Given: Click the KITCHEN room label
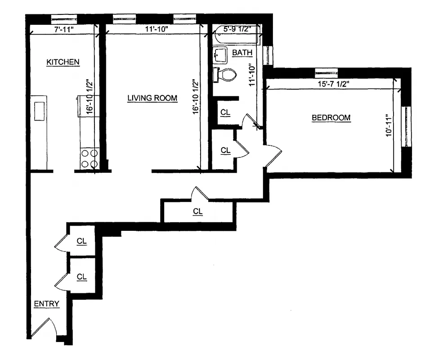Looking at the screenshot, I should click(x=63, y=62).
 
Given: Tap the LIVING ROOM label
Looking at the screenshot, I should click(x=152, y=98).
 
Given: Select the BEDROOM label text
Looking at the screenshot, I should click(x=331, y=118).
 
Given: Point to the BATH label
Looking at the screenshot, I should click(x=242, y=53).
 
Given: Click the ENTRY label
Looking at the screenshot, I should click(x=46, y=304).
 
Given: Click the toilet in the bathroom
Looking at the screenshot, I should click(x=225, y=75).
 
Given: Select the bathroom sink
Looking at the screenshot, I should click(x=220, y=56).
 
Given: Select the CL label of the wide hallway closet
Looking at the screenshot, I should click(x=197, y=211).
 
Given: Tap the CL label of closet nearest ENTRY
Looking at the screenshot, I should click(x=81, y=277).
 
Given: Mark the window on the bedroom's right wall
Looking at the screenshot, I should click(x=406, y=126).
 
